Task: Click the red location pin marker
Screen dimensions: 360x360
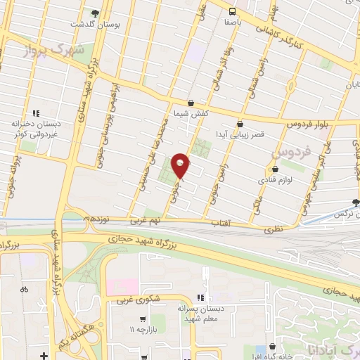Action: coord(181,165)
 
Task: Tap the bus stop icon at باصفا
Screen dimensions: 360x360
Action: coord(232,11)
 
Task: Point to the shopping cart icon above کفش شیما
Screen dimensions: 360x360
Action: coord(191,103)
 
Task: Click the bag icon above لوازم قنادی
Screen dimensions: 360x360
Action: coord(275,169)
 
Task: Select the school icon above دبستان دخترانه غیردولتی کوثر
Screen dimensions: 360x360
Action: coord(37,112)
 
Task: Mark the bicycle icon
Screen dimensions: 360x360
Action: coord(25,288)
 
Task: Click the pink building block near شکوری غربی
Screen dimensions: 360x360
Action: coord(122,287)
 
